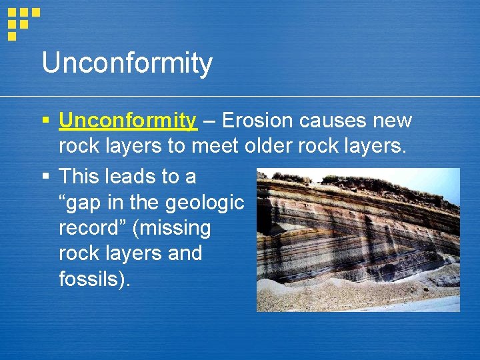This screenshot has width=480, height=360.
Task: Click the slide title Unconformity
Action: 127,64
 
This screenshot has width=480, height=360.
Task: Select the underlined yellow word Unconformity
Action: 128,121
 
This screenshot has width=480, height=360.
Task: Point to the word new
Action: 395,121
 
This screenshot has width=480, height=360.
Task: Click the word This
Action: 79,177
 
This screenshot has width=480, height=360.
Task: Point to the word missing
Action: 173,229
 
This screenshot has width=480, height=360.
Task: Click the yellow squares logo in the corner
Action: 22,21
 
